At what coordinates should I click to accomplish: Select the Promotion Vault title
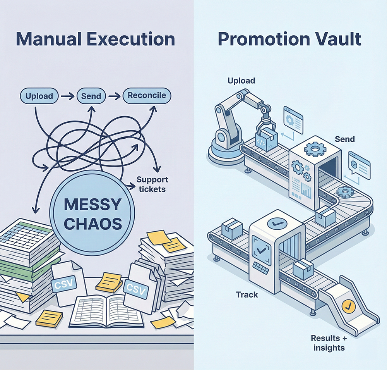click(x=289, y=40)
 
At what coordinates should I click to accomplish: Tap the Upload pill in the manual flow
click(x=39, y=95)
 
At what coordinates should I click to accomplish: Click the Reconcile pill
click(x=147, y=95)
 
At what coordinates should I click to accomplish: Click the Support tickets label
click(x=152, y=184)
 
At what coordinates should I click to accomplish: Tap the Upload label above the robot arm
click(x=241, y=81)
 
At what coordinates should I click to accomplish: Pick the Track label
click(x=247, y=295)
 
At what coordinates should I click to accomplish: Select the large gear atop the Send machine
click(x=313, y=148)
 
